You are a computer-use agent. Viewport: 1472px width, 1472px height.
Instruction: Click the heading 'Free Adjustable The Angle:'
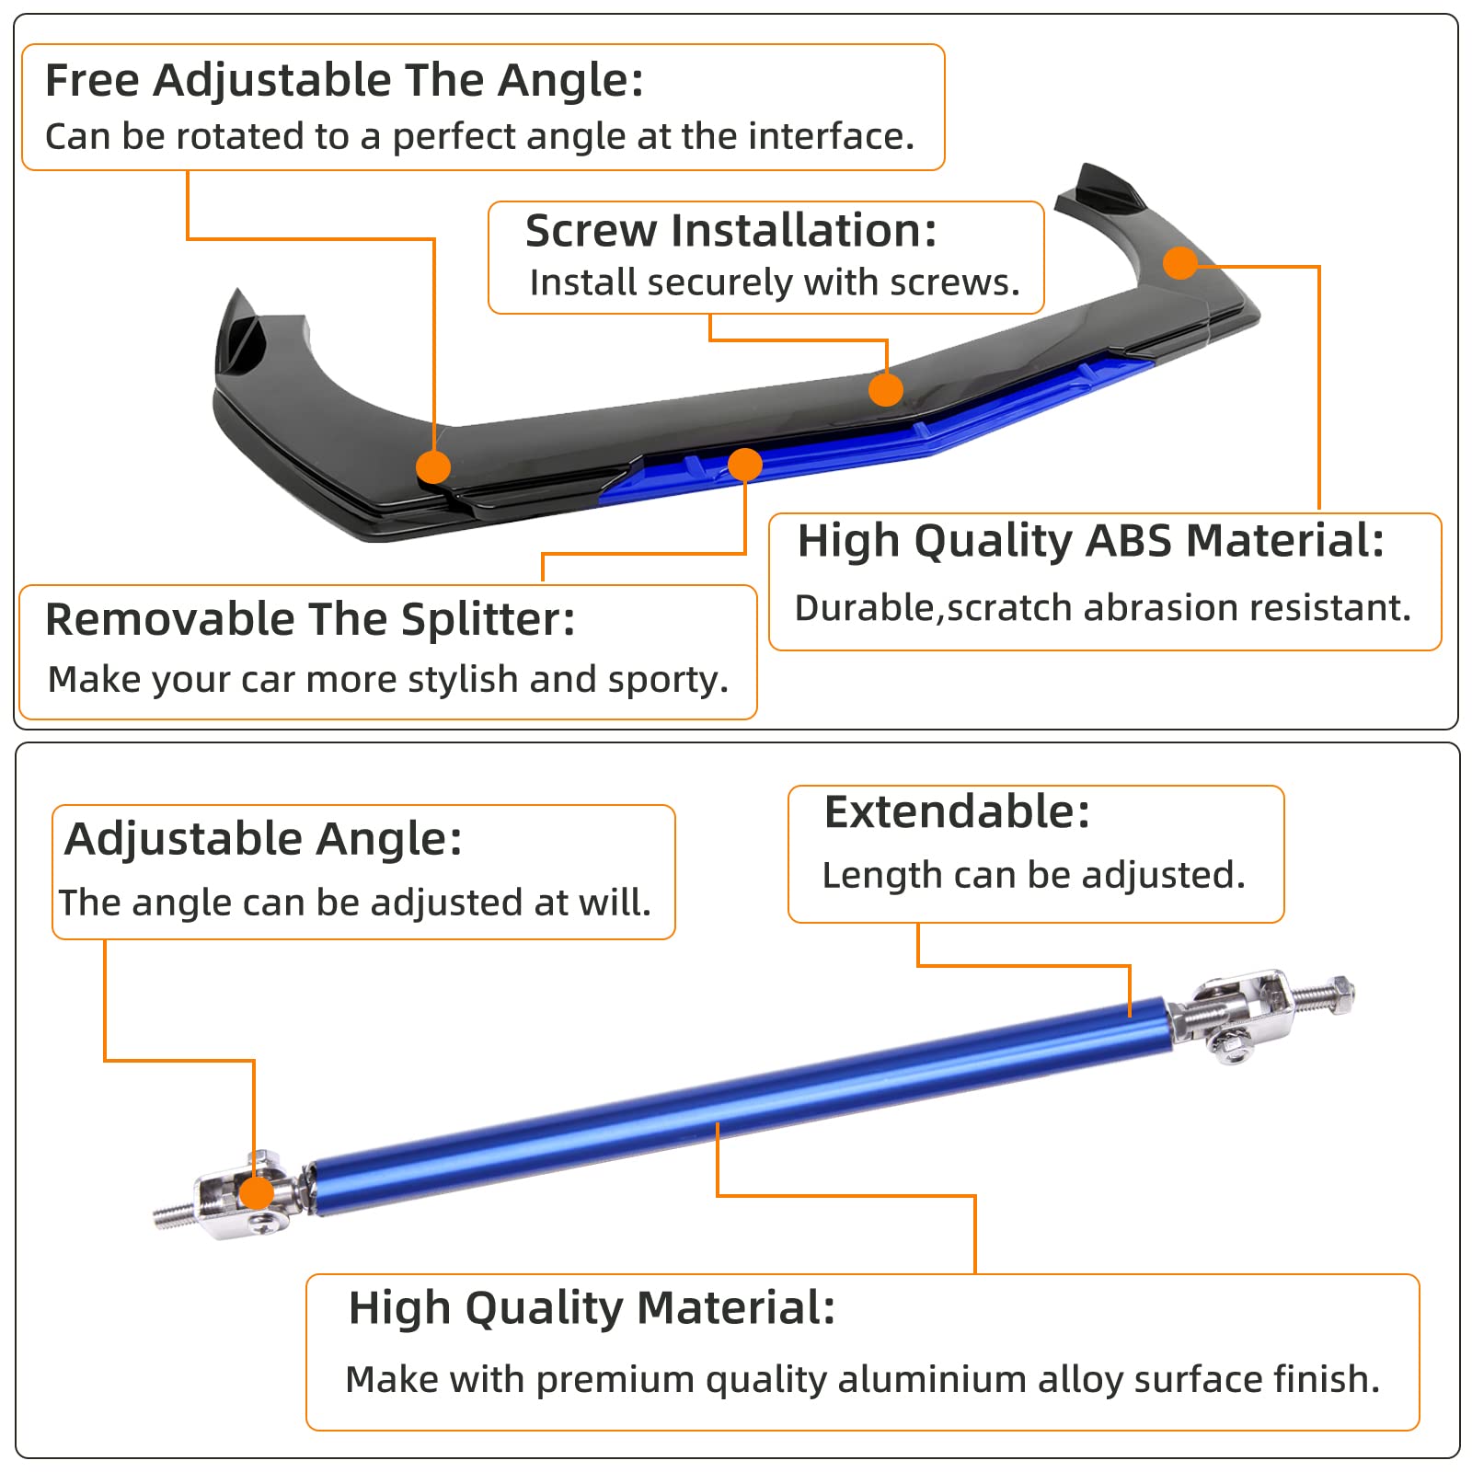[344, 80]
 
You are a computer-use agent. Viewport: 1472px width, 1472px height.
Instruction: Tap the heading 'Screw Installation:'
[730, 230]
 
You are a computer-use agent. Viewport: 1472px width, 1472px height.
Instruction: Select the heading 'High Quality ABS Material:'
[1090, 540]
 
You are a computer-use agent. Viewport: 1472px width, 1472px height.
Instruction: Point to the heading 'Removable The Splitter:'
[310, 619]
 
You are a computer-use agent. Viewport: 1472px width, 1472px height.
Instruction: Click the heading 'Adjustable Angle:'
[263, 838]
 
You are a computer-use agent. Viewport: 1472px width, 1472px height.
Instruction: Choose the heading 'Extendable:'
[957, 811]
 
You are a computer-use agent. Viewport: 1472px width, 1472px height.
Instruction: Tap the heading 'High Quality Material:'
[592, 1307]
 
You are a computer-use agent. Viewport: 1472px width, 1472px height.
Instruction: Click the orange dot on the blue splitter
[745, 465]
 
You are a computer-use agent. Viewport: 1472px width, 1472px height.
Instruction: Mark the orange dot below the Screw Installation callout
[885, 389]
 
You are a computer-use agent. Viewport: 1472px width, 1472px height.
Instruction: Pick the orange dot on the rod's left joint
[257, 1192]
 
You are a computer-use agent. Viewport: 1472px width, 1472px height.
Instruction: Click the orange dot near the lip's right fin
[1180, 263]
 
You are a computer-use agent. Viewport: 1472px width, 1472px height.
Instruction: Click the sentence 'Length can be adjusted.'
[1033, 875]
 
